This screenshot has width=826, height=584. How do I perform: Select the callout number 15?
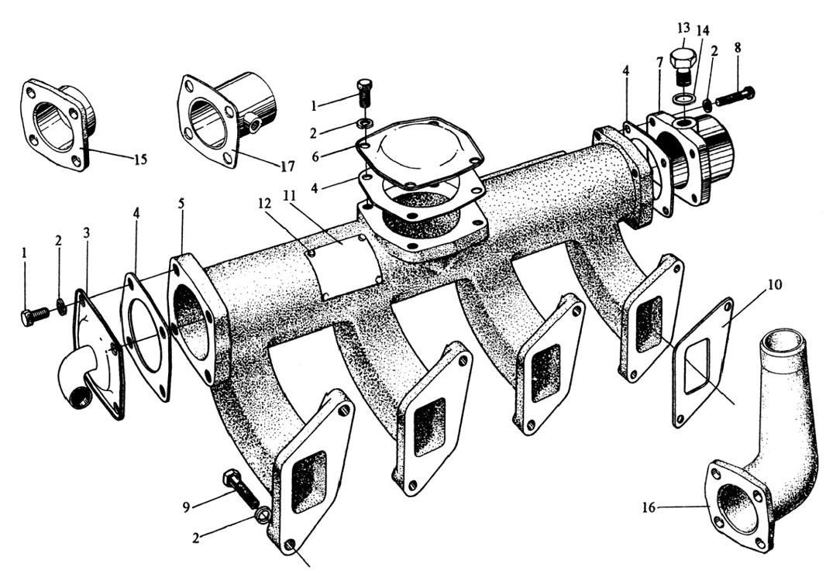coord(139,160)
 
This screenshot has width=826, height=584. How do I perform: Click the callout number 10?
coord(775,285)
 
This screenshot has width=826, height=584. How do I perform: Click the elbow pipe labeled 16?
coord(767,449)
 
